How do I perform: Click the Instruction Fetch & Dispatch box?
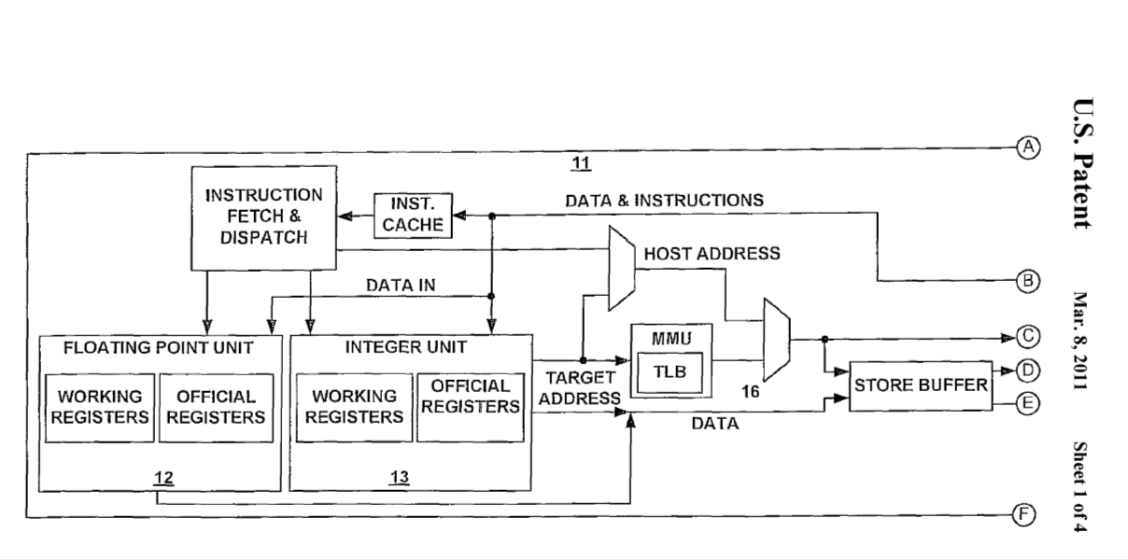(x=263, y=217)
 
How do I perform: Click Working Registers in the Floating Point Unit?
(x=100, y=408)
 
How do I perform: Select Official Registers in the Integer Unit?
(x=471, y=397)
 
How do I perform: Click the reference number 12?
(x=164, y=479)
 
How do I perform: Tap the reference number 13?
(x=400, y=478)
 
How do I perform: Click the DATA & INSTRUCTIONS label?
(x=664, y=200)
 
